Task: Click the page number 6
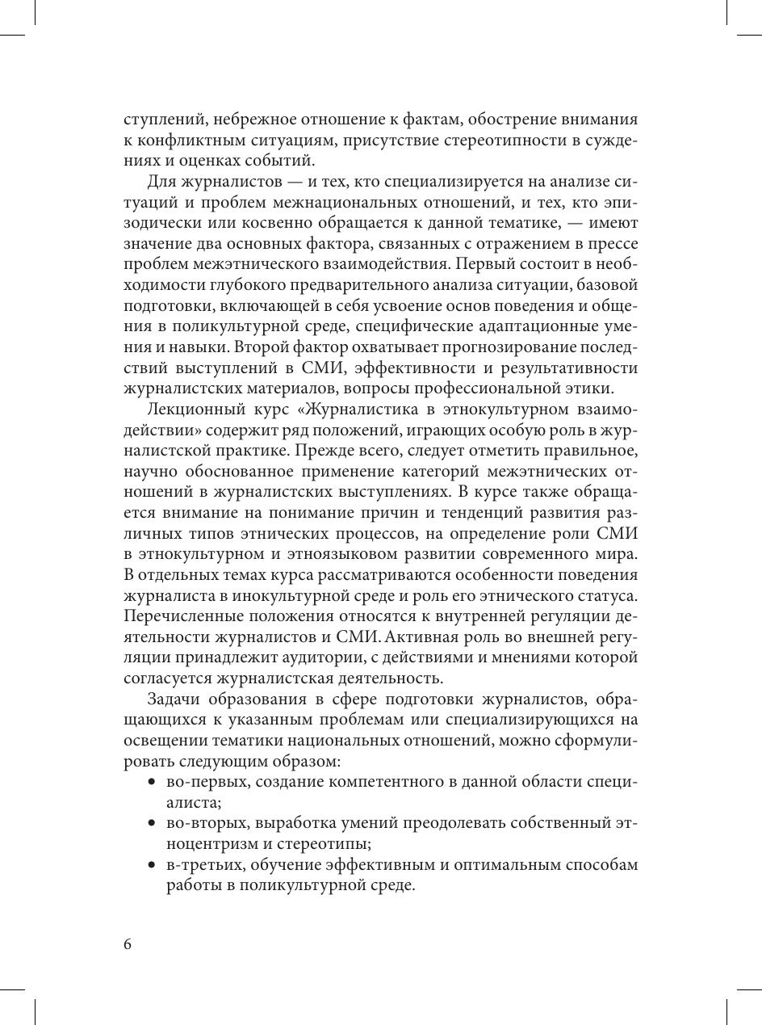click(128, 945)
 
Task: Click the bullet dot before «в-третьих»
click(152, 866)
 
